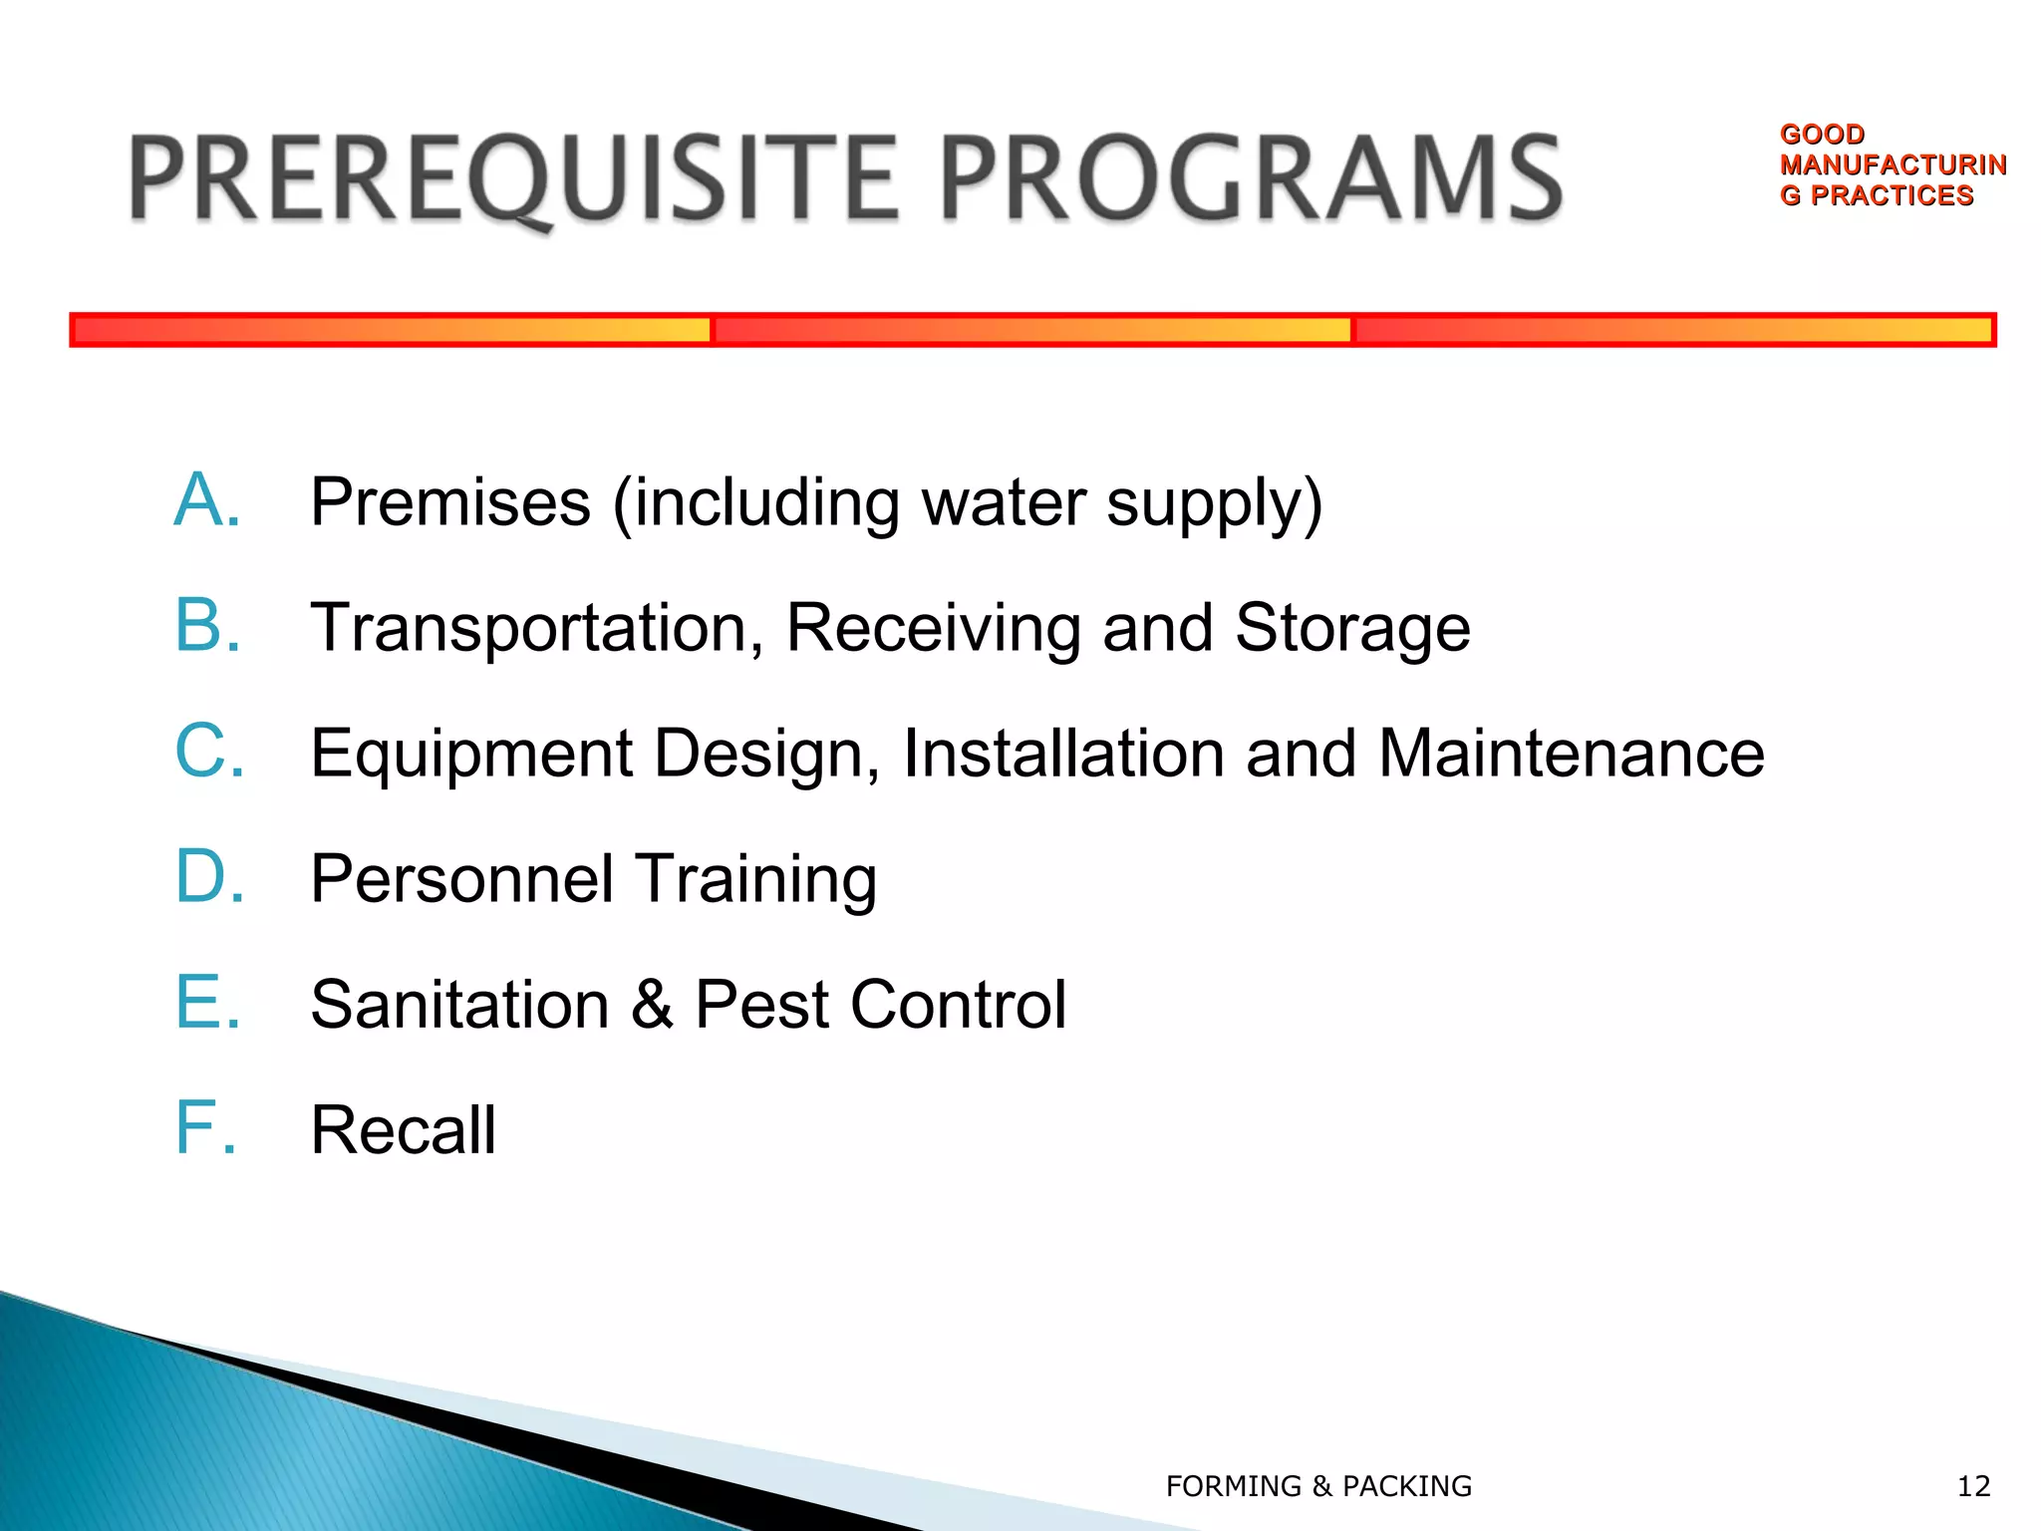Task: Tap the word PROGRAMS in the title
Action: (1252, 179)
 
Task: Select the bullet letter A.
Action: (207, 500)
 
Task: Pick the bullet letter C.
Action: (209, 752)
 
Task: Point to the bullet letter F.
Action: (205, 1128)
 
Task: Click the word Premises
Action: (450, 502)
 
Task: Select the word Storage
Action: (1352, 628)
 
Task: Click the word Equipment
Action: (471, 755)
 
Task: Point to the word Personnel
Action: (461, 879)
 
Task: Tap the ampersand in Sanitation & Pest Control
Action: (652, 1005)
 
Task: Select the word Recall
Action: (403, 1130)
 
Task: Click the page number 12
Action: (1973, 1486)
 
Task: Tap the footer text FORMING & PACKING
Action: (1318, 1486)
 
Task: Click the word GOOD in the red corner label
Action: (1822, 135)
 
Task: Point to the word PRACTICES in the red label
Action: (1892, 195)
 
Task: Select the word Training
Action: (756, 880)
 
